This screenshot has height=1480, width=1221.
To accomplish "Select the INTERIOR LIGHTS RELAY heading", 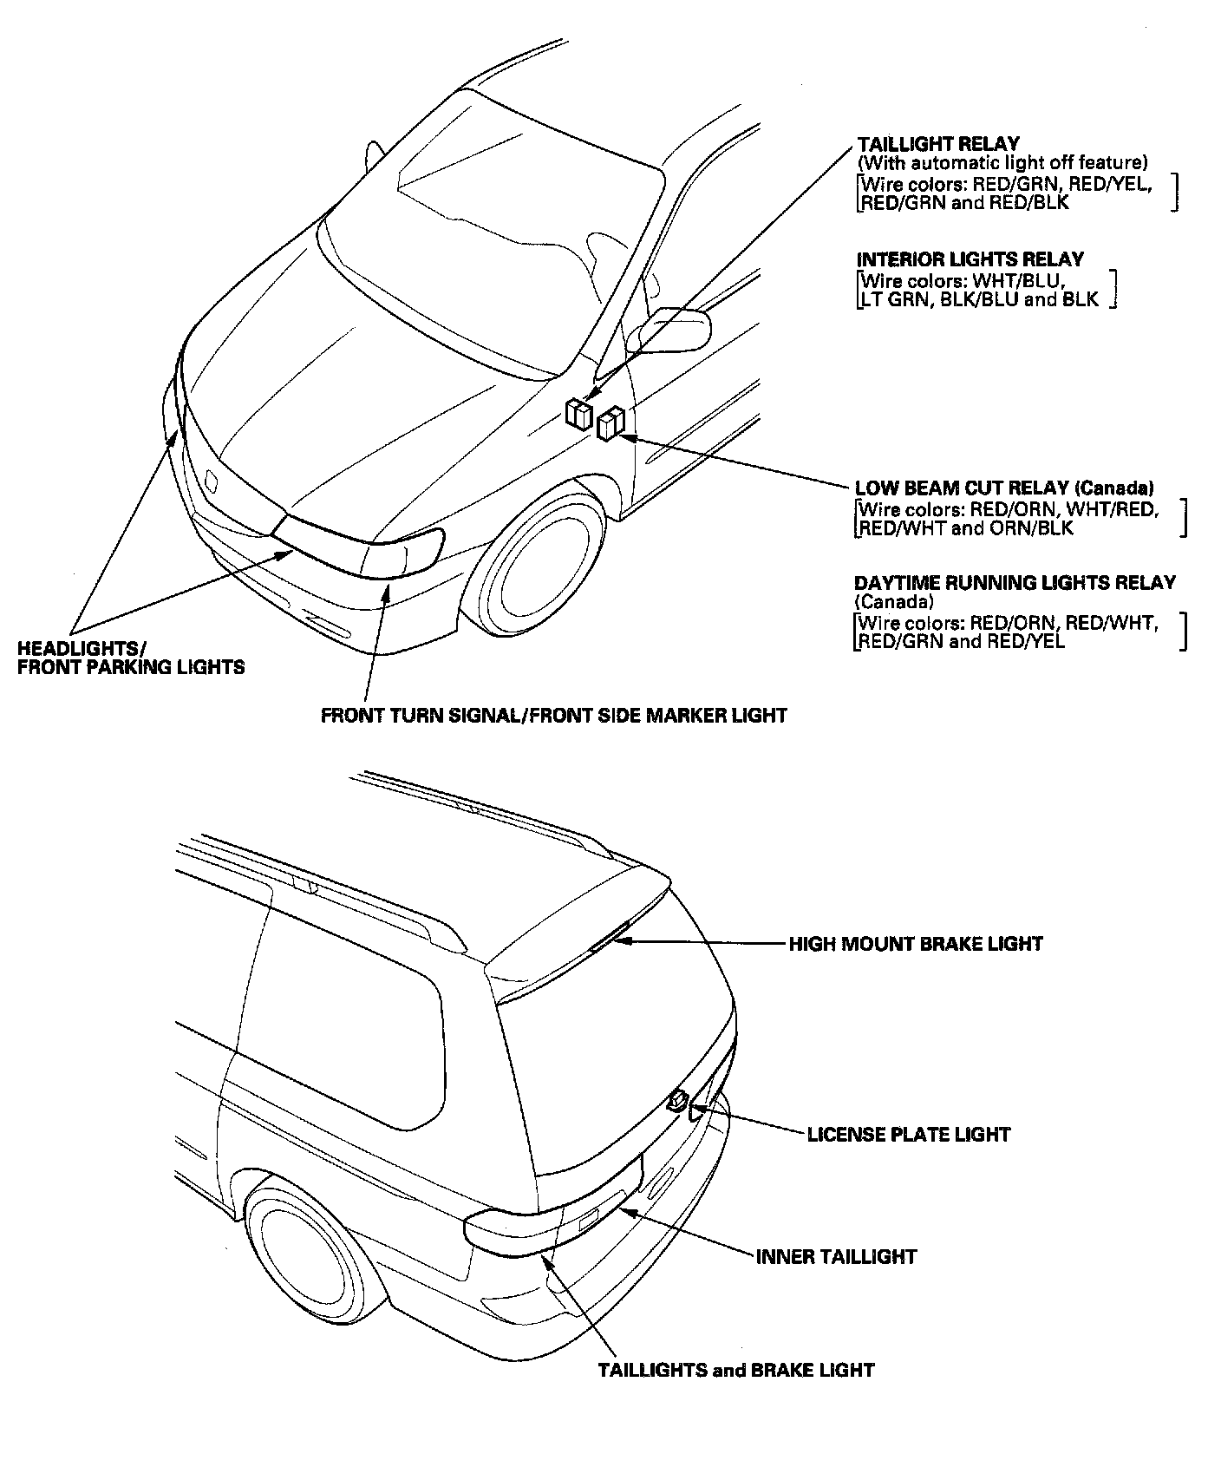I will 970,259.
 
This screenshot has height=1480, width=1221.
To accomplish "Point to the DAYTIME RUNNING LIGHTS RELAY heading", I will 1015,583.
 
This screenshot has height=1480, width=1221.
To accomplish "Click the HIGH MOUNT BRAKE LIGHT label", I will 915,944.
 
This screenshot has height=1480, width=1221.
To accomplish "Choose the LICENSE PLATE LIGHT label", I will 908,1134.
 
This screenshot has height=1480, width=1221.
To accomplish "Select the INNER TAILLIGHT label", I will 836,1256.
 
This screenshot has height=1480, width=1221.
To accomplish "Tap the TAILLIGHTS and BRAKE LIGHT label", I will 736,1371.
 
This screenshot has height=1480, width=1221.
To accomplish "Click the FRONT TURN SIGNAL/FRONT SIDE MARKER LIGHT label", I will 553,716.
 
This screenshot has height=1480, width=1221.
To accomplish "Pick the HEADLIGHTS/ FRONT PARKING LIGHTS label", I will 130,658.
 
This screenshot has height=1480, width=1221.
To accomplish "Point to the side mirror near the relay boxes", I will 677,328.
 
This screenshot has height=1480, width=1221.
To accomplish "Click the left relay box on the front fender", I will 578,414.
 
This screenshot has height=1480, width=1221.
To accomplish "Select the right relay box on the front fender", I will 610,422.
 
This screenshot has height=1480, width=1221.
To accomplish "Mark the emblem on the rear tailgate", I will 676,1101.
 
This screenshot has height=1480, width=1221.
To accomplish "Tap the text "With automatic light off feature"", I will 1002,163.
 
